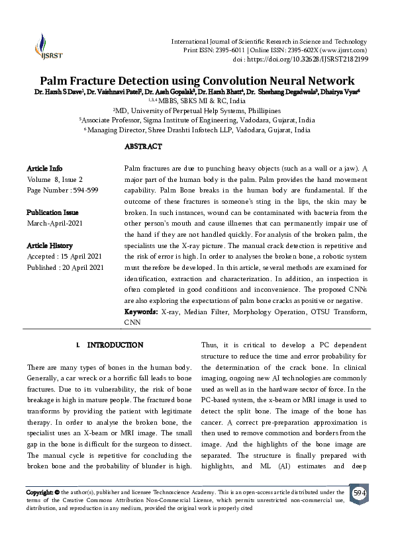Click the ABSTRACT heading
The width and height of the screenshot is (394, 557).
pyautogui.click(x=142, y=146)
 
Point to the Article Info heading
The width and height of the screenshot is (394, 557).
pyautogui.click(x=45, y=169)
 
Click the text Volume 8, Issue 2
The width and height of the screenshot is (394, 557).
pyautogui.click(x=55, y=179)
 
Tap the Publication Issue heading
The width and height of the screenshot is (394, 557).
pyautogui.click(x=52, y=212)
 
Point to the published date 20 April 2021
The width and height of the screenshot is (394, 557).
pyautogui.click(x=82, y=267)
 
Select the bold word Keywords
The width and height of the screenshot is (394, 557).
pyautogui.click(x=141, y=311)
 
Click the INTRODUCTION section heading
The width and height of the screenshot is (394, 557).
pyautogui.click(x=115, y=345)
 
